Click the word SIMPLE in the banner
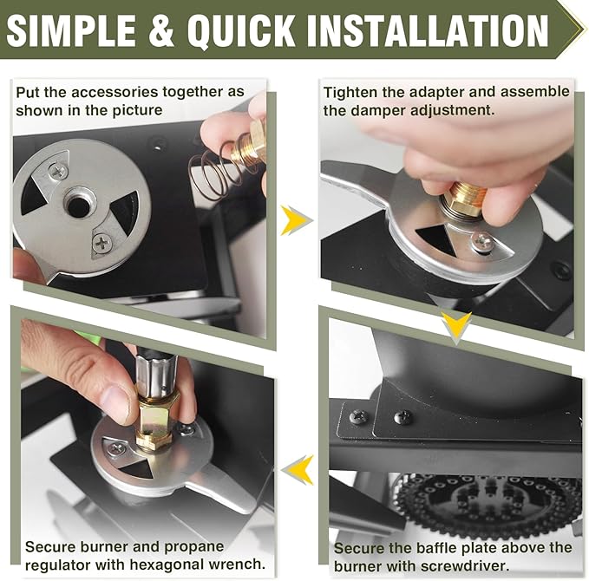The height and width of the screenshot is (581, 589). click(x=71, y=29)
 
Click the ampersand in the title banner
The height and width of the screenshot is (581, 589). click(x=161, y=29)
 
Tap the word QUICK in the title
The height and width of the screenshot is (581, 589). click(x=241, y=30)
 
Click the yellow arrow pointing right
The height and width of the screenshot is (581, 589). click(x=296, y=220)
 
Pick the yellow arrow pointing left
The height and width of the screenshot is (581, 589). click(x=298, y=470)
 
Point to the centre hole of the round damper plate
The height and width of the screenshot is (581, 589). click(x=79, y=206)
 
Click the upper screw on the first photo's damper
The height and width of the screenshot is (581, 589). click(x=58, y=171)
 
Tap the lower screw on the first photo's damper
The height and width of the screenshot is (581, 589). click(x=101, y=243)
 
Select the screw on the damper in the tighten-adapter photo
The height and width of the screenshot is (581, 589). click(x=482, y=239)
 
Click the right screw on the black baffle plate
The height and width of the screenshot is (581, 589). click(x=404, y=416)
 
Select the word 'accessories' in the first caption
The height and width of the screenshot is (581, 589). click(x=115, y=92)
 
